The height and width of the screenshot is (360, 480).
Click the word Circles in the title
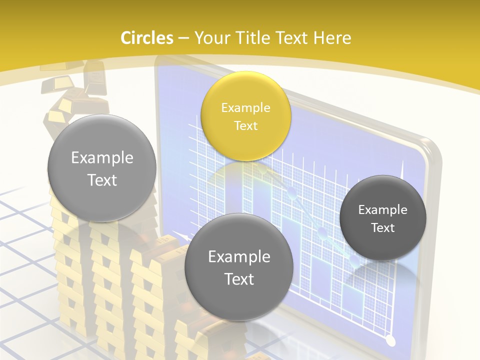pyautogui.click(x=146, y=38)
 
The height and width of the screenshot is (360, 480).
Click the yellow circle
pyautogui.click(x=245, y=116)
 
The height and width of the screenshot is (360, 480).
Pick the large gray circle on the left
pyautogui.click(x=101, y=168)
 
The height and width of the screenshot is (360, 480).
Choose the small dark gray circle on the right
pyautogui.click(x=382, y=218)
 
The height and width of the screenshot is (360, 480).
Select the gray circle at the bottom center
pyautogui.click(x=238, y=267)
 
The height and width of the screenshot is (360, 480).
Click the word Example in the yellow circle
pyautogui.click(x=245, y=107)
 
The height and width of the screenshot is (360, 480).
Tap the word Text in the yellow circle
pyautogui.click(x=245, y=125)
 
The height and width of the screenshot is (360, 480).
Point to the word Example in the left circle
pyautogui.click(x=102, y=158)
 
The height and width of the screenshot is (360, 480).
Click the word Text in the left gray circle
pyautogui.click(x=102, y=180)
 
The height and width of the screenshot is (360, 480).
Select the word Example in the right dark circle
pyautogui.click(x=382, y=209)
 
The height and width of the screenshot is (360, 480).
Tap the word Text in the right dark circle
pyautogui.click(x=382, y=227)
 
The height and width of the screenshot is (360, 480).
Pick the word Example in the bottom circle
pyautogui.click(x=239, y=256)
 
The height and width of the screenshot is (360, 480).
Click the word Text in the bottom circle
pyautogui.click(x=239, y=278)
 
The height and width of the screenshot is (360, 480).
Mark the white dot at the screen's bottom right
pyautogui.click(x=391, y=341)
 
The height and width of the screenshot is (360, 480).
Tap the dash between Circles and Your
pyautogui.click(x=183, y=38)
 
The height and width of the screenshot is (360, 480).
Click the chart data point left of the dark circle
pyautogui.click(x=322, y=231)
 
